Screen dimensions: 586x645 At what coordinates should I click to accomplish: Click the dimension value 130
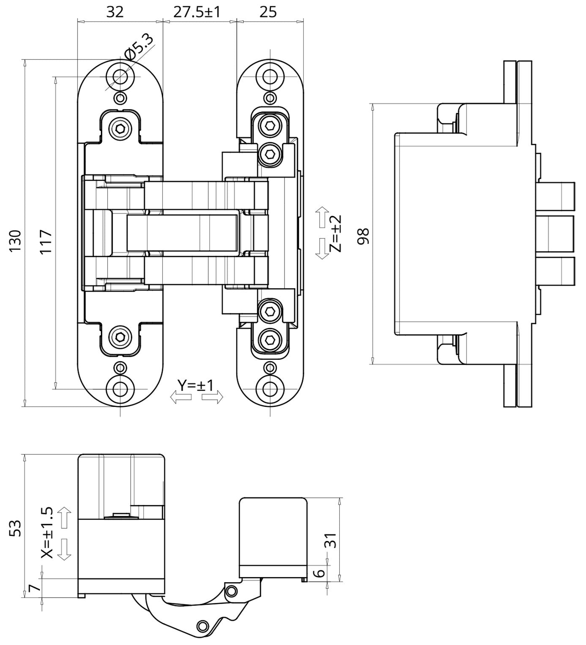(x=15, y=241)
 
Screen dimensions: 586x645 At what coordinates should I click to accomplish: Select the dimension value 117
(x=46, y=241)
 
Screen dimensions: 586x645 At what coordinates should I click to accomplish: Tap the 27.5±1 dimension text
(x=197, y=12)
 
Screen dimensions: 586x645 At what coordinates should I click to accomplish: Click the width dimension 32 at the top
(x=115, y=12)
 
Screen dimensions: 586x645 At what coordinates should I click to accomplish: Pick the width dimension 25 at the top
(x=268, y=12)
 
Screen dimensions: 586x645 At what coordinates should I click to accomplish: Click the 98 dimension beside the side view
(x=363, y=236)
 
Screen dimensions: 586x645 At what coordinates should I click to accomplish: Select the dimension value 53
(x=15, y=528)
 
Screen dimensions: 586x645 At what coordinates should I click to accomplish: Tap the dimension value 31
(x=331, y=541)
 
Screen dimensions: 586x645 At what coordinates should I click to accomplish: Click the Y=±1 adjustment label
(x=196, y=386)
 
